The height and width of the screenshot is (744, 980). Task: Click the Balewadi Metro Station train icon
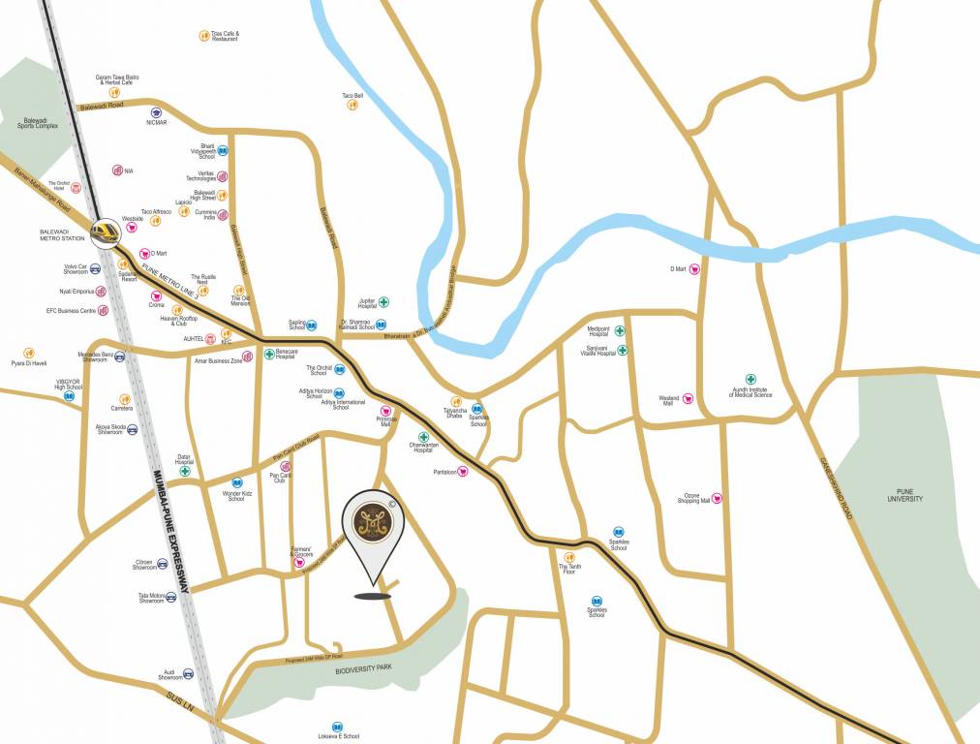click(x=105, y=232)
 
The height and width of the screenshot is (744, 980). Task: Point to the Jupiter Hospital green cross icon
click(x=383, y=302)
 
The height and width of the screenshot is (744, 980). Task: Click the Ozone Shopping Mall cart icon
click(x=717, y=499)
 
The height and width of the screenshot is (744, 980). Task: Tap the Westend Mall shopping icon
click(x=689, y=398)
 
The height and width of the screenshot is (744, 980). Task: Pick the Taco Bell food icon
click(x=352, y=105)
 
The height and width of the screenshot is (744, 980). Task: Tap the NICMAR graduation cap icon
click(x=156, y=113)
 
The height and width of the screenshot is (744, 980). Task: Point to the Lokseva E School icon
click(x=337, y=727)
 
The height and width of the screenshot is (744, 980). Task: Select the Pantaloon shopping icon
click(x=463, y=472)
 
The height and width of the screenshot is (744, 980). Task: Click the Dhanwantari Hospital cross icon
click(x=423, y=437)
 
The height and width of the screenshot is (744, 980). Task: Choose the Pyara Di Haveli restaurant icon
click(x=29, y=353)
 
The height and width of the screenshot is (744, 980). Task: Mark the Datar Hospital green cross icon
click(x=184, y=471)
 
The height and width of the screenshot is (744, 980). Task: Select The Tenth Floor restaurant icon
click(x=569, y=557)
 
